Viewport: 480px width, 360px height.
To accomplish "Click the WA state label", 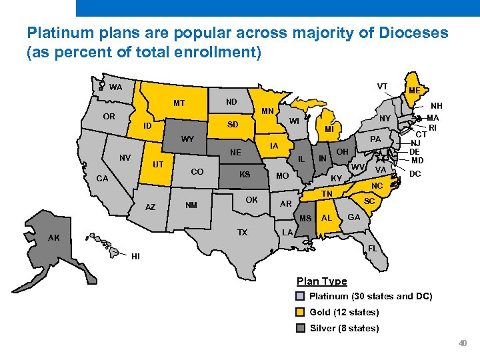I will pyautogui.click(x=116, y=87).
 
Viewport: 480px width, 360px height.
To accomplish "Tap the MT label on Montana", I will pyautogui.click(x=179, y=103).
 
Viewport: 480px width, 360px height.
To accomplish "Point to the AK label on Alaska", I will pyautogui.click(x=53, y=238).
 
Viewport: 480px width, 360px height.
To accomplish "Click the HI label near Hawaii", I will pyautogui.click(x=136, y=256).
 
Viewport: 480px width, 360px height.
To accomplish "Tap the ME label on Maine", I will pyautogui.click(x=414, y=91).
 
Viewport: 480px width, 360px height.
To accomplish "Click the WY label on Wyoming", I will pyautogui.click(x=187, y=139).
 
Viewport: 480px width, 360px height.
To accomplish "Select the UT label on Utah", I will pyautogui.click(x=159, y=164).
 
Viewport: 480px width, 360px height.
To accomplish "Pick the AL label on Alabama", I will pyautogui.click(x=327, y=218).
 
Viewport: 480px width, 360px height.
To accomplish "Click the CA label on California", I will pyautogui.click(x=102, y=179).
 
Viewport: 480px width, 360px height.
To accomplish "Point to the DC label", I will pyautogui.click(x=415, y=173).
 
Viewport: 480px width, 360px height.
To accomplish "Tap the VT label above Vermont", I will pyautogui.click(x=383, y=86).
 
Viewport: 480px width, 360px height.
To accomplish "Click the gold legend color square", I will pyautogui.click(x=301, y=312).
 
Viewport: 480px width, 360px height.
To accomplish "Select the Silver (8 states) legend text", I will pyautogui.click(x=344, y=328).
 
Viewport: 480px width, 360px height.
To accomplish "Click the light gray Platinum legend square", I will pyautogui.click(x=301, y=296).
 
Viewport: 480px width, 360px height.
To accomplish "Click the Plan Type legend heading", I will pyautogui.click(x=321, y=281).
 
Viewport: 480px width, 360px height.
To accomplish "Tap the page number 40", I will pyautogui.click(x=463, y=343).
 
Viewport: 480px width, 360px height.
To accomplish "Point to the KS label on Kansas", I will pyautogui.click(x=245, y=174).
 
